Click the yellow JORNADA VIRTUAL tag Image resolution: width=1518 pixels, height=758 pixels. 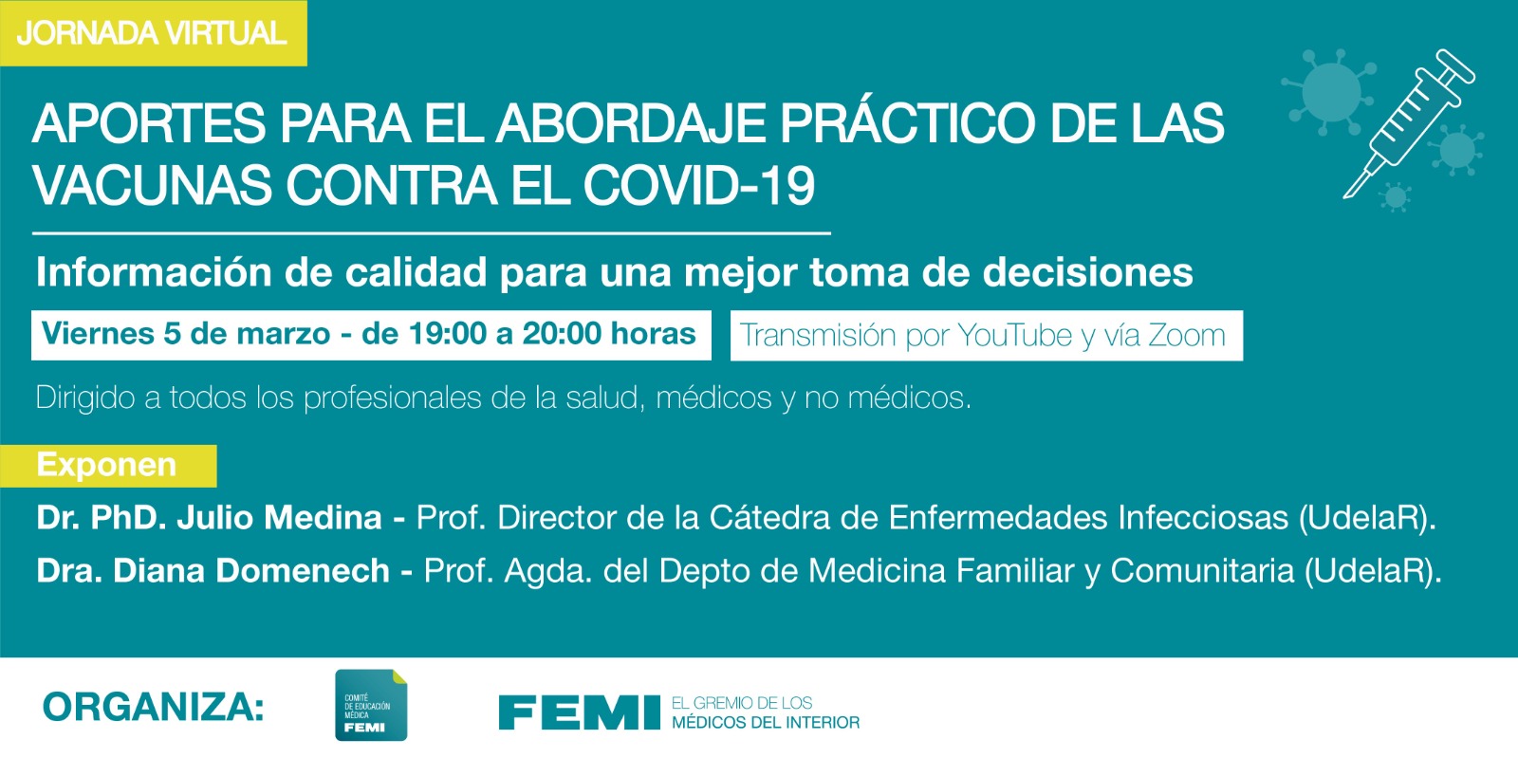(x=153, y=33)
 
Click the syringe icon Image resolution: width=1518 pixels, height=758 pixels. (x=1409, y=123)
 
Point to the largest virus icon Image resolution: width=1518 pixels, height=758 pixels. (x=1330, y=91)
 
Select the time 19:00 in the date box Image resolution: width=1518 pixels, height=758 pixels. (x=447, y=333)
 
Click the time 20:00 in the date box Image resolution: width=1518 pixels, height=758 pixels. (x=562, y=333)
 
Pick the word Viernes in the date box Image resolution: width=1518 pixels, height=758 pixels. (x=98, y=333)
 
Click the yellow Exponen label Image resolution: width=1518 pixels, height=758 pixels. (x=108, y=466)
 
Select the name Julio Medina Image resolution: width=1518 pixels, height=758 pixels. (x=279, y=518)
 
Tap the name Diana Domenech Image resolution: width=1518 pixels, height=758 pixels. (x=251, y=570)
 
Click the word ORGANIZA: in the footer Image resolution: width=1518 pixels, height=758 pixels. (x=153, y=707)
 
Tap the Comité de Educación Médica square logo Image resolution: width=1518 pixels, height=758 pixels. (x=371, y=705)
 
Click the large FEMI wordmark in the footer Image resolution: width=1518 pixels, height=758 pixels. (x=580, y=712)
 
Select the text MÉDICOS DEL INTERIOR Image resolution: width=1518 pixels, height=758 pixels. (x=766, y=723)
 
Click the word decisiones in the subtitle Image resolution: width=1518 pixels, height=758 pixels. (x=1087, y=272)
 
